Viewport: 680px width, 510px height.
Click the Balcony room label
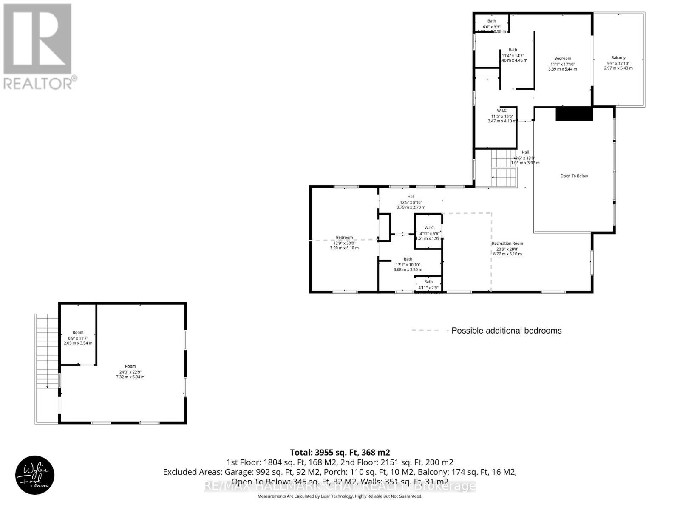pos(618,58)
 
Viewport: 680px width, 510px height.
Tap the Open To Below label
pos(574,176)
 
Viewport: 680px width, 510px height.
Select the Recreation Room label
pos(507,244)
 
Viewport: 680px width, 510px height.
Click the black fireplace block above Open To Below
pos(574,114)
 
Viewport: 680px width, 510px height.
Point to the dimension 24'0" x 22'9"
pos(130,371)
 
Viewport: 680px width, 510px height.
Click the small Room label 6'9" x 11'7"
pos(78,333)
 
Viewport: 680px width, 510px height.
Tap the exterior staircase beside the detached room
pos(47,351)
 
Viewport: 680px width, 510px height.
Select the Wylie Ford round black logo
pos(35,476)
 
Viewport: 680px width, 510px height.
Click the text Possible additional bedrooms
pos(506,331)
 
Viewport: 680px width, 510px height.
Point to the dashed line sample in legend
pos(425,330)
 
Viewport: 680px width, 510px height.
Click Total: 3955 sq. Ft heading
pos(340,453)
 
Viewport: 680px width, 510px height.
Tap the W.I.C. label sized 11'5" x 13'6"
pos(502,110)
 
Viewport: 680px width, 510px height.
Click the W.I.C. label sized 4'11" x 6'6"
pos(429,228)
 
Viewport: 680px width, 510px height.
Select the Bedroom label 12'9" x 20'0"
pos(344,238)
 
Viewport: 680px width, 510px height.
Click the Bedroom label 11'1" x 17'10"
pos(562,59)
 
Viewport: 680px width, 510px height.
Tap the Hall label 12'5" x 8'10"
pos(411,197)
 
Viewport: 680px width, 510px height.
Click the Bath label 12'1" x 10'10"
pos(408,259)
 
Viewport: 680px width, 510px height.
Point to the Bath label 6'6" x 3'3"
pos(491,21)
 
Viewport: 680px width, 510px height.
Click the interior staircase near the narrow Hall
pos(504,168)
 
